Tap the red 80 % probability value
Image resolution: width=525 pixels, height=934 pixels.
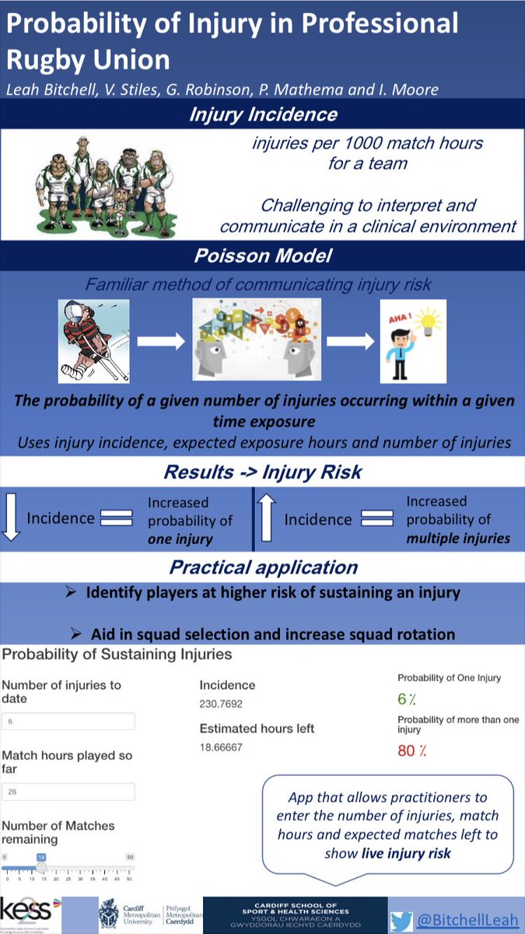coord(413,751)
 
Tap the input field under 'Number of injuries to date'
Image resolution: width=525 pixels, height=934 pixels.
coord(68,722)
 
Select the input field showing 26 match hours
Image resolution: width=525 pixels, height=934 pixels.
coord(68,792)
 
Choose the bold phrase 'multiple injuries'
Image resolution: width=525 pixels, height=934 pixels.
coord(458,538)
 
